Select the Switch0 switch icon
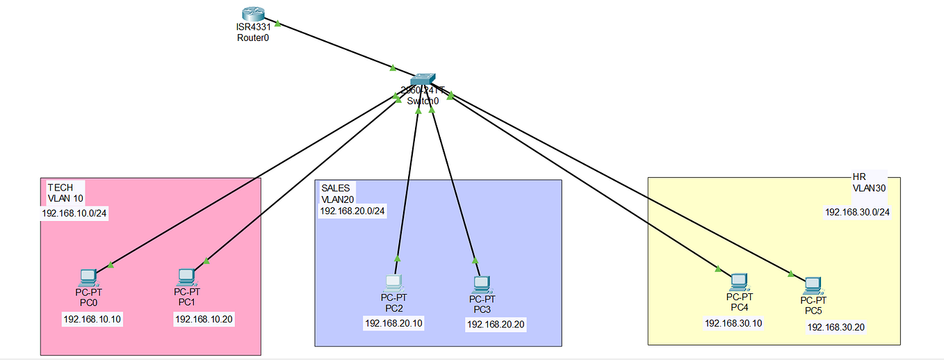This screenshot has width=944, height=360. pos(422,81)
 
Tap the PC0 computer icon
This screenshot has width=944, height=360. pos(88,277)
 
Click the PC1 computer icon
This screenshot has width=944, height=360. pos(186,277)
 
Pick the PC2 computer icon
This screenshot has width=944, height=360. pos(393,283)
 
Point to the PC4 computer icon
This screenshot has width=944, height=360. pos(738,281)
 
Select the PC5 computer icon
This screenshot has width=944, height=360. pos(812,284)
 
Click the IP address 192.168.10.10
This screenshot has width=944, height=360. pos(92,319)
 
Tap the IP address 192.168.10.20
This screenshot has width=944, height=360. pos(204,319)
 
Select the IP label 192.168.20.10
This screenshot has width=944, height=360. pos(393,323)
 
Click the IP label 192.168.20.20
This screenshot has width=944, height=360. pos(496,324)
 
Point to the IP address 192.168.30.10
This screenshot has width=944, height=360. pos(733,323)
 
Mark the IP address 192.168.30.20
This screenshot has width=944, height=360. pos(836,327)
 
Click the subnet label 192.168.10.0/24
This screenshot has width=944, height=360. pos(75,213)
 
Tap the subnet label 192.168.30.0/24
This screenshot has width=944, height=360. pos(857,212)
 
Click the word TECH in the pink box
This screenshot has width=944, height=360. pos(60,188)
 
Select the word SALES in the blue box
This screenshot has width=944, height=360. pos(336,188)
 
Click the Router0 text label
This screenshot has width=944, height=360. pos(252,38)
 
